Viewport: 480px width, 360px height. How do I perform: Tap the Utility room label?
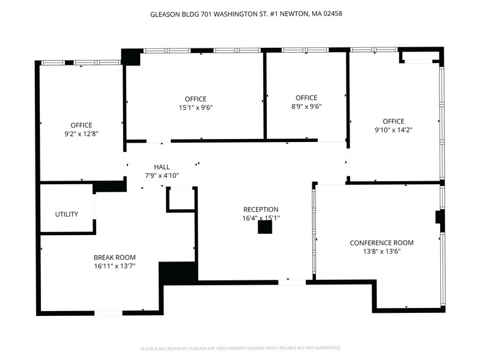coord(66,214)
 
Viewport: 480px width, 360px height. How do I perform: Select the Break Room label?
coord(114,257)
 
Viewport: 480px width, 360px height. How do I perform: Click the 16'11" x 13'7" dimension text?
coord(114,266)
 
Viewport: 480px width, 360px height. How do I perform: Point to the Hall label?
coord(162,167)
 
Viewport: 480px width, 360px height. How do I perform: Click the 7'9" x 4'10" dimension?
coord(162,176)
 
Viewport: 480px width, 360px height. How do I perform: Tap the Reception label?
coord(261,209)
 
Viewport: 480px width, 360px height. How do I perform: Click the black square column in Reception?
coord(264,227)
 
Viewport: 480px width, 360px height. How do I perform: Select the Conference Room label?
coord(381,242)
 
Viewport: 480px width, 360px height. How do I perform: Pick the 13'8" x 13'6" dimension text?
coord(381,251)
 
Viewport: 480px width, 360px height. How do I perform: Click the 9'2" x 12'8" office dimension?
coord(81,133)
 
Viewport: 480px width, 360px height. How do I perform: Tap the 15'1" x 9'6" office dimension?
coord(195,107)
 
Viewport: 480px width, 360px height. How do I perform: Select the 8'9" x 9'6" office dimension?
coord(306,106)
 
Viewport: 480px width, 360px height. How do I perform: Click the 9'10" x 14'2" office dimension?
coord(394,130)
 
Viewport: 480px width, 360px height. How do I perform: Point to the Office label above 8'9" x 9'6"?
coord(306,97)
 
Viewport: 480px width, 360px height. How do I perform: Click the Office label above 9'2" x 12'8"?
coord(81,125)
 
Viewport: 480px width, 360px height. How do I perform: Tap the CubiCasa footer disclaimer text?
coord(240,348)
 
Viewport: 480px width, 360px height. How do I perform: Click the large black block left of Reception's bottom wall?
coord(178,272)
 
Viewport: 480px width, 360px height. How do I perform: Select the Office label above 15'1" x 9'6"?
coord(195,99)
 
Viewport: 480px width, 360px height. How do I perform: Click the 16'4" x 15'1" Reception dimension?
coord(261,217)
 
